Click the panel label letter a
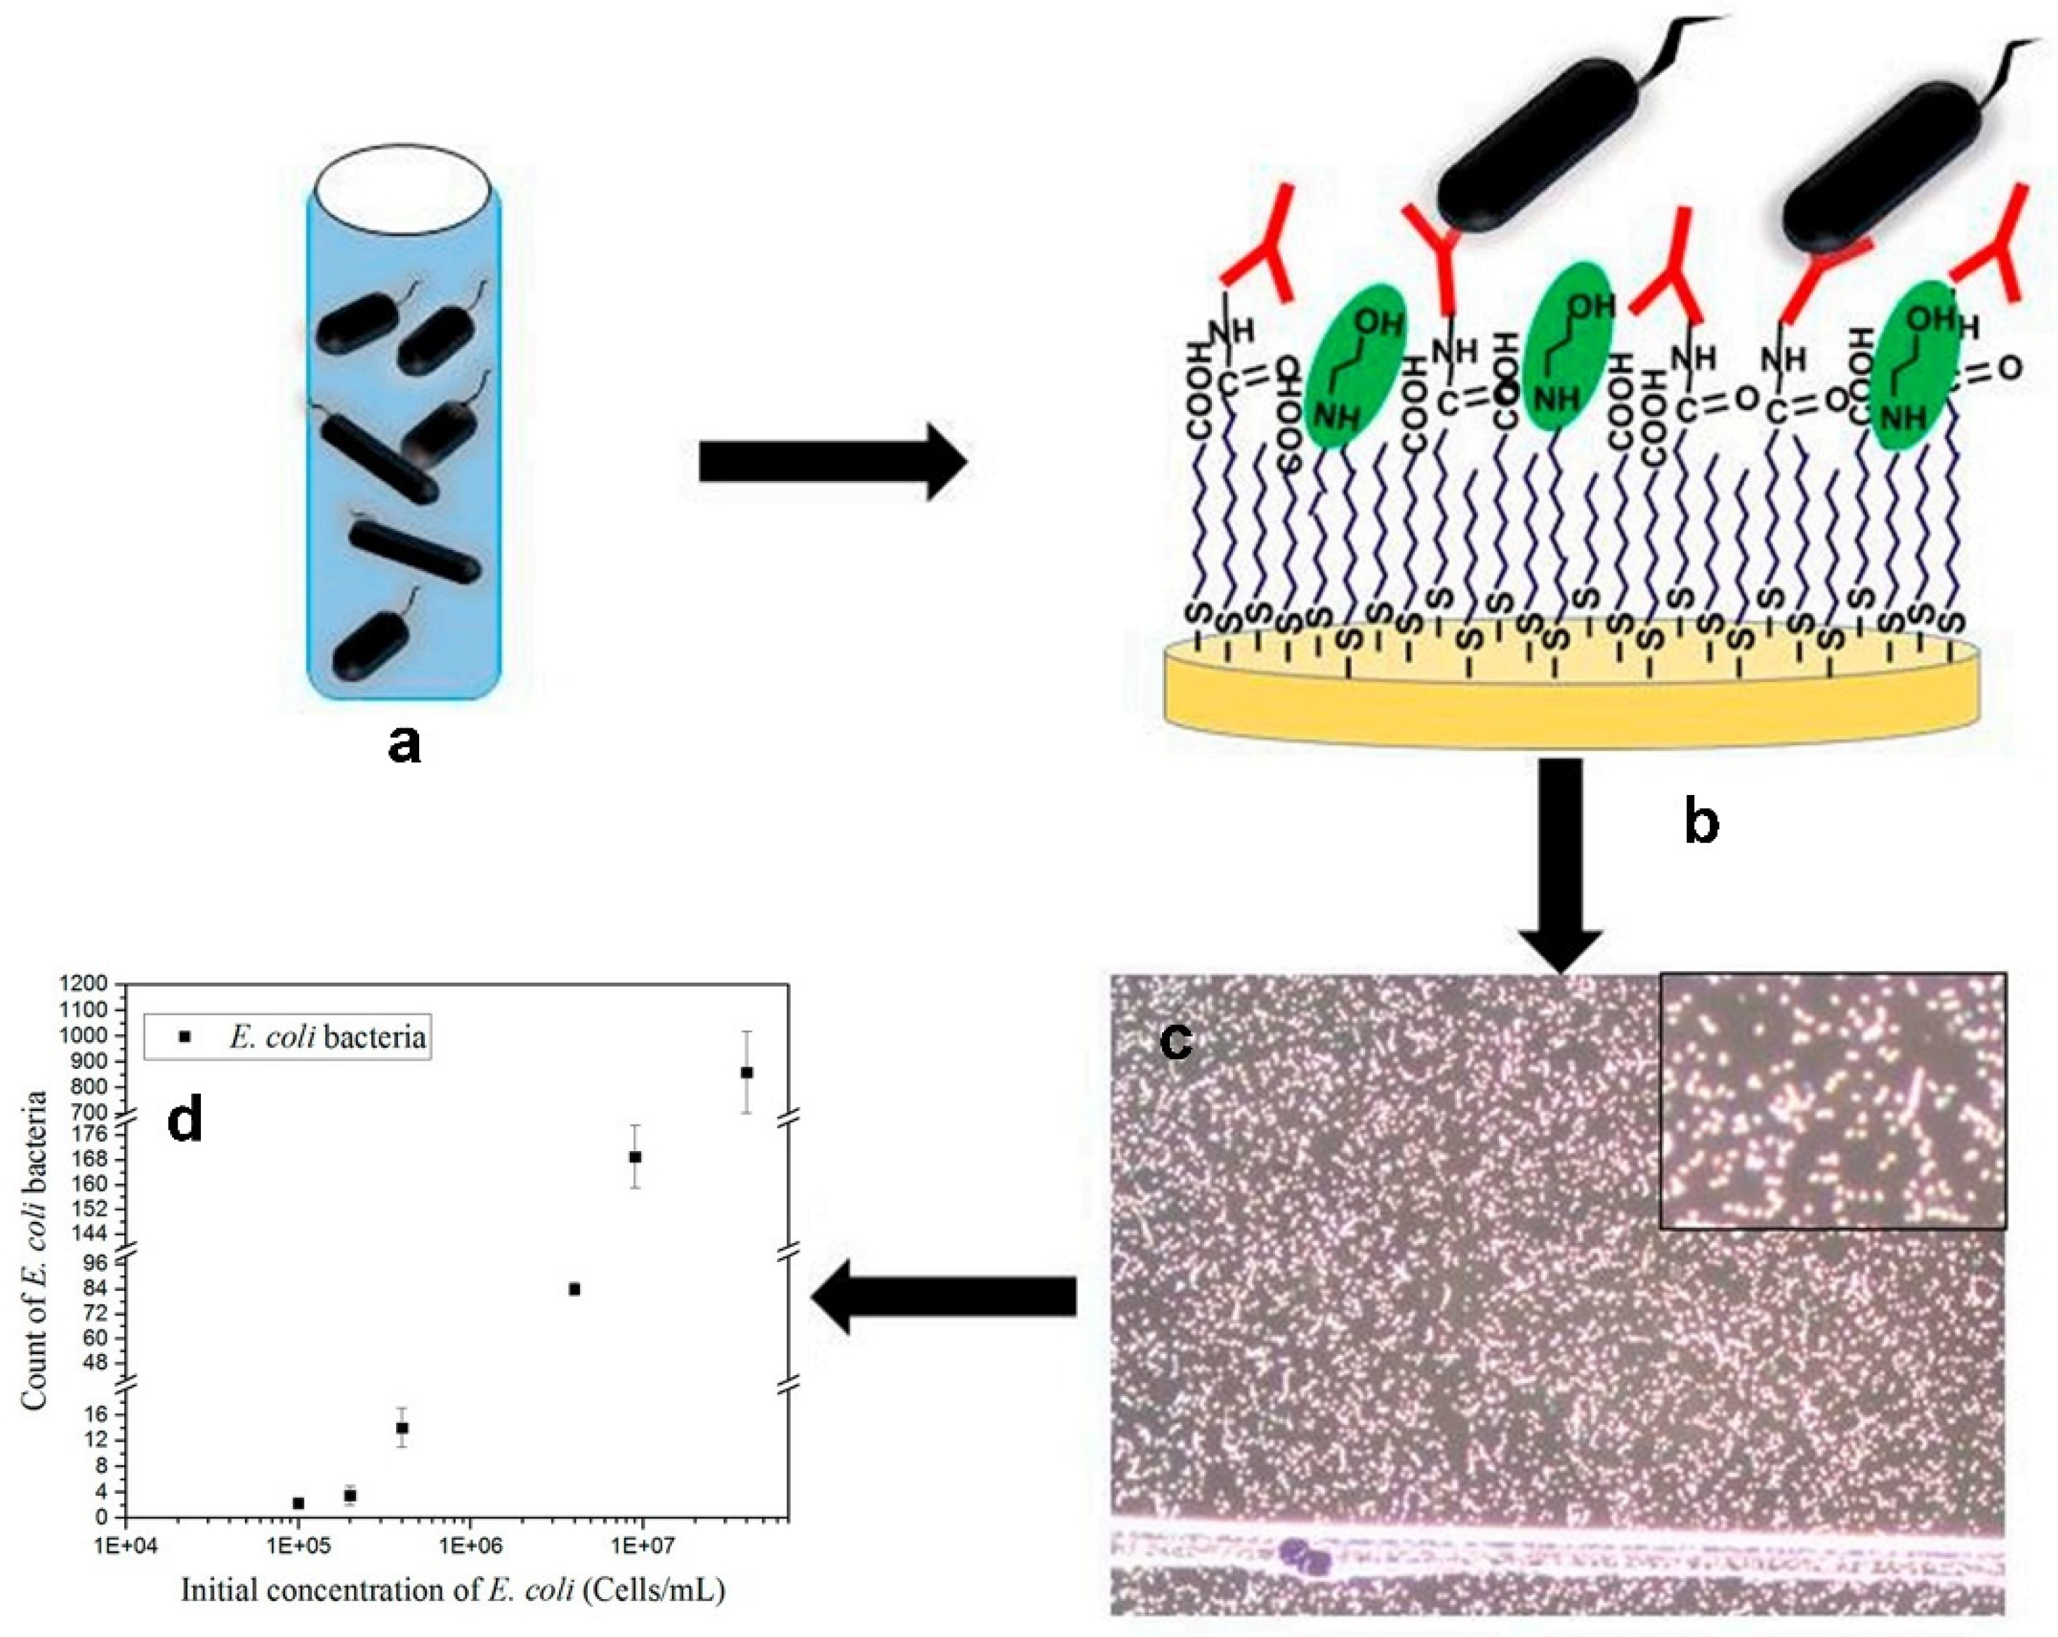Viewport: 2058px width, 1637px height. click(404, 744)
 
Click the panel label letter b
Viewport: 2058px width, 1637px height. click(1702, 823)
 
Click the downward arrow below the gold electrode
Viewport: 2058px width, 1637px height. click(1561, 859)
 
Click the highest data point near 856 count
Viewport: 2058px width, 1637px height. click(746, 1072)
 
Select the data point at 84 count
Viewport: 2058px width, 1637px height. click(574, 1289)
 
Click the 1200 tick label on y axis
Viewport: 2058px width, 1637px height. click(88, 984)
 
